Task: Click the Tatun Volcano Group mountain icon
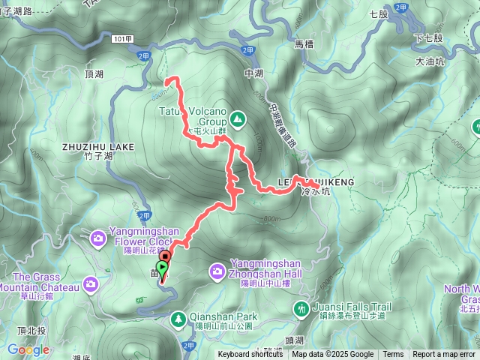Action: pyautogui.click(x=237, y=118)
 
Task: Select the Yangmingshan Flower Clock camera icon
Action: pyautogui.click(x=99, y=238)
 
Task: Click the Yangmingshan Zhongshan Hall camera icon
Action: pyautogui.click(x=217, y=270)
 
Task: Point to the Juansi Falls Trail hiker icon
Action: pyautogui.click(x=301, y=307)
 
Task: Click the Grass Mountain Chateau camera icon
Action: pyautogui.click(x=91, y=283)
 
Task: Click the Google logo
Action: pyautogui.click(x=28, y=349)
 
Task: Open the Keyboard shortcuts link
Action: pyautogui.click(x=250, y=355)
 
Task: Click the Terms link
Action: pyautogui.click(x=393, y=355)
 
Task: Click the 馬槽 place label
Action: pyautogui.click(x=304, y=44)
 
